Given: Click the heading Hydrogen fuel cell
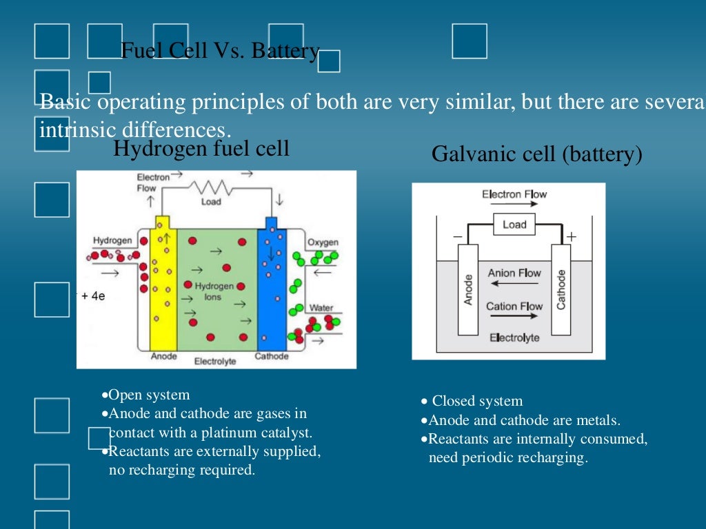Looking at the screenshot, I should pos(201,148).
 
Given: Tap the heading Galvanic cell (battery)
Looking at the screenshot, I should pos(536,154).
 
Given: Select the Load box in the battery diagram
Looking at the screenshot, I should pos(514,225).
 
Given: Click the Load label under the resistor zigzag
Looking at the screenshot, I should pos(211,202).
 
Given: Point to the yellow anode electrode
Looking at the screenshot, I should pos(163,289).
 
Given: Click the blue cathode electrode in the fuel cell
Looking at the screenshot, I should pos(271,289).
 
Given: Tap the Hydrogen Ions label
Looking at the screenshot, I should pos(210,291).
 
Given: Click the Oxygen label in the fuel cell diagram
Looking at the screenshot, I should pos(322,242).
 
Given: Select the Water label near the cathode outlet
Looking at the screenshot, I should pos(321,308).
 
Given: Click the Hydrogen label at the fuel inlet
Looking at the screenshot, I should pos(112,240).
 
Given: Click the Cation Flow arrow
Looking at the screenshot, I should pos(514,316).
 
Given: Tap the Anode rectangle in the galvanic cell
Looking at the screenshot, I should pos(468,289).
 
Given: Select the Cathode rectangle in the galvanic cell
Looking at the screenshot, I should pos(561,289).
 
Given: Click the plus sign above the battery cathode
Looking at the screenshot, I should pos(570,237).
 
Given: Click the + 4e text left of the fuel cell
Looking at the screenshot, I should pos(92,295).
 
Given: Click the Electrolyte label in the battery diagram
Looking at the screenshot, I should pos(514,338).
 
